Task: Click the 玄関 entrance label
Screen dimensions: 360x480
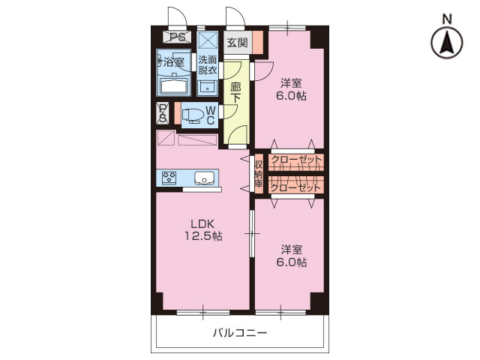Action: coord(237,42)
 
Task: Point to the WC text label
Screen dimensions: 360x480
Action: coord(211,115)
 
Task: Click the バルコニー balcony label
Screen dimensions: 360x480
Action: coord(239,333)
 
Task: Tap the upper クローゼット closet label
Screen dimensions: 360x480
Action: coord(296,160)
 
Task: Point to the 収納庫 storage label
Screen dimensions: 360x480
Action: coord(259,174)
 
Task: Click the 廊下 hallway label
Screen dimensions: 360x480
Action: coord(235,92)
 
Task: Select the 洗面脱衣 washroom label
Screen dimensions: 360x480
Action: coord(208,65)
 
